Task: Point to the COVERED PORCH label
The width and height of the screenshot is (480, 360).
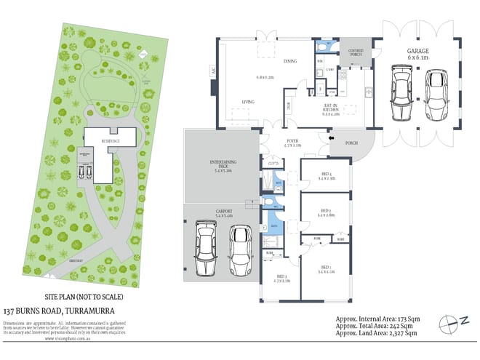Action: pyautogui.click(x=356, y=52)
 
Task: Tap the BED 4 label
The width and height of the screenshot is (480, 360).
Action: pyautogui.click(x=327, y=175)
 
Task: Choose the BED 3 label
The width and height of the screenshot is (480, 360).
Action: pyautogui.click(x=281, y=278)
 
